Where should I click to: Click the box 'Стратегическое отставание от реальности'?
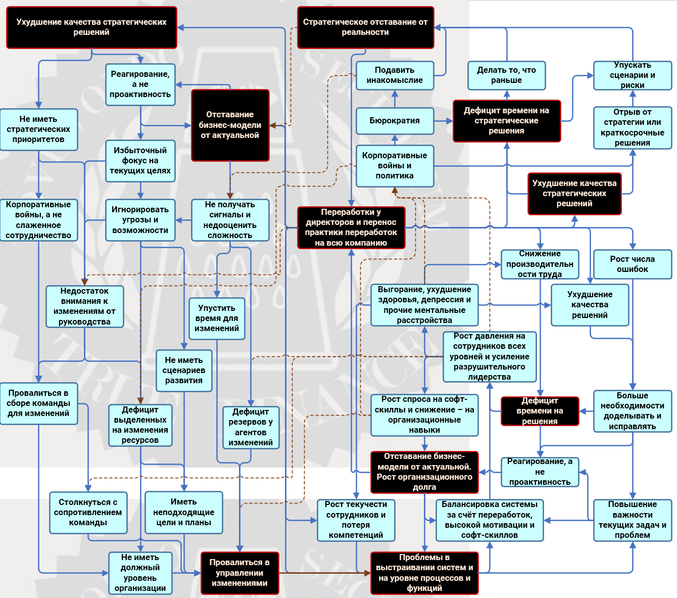tap(365, 27)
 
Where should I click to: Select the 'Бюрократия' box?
tap(395, 121)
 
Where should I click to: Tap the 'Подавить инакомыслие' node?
tap(395, 75)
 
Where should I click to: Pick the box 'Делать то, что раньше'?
tap(506, 75)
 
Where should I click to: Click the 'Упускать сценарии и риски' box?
tap(632, 75)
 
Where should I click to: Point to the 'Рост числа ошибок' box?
tap(632, 264)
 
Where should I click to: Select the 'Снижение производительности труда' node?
tap(540, 264)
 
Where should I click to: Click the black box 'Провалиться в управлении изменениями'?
tap(239, 573)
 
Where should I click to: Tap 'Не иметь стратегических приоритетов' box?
tap(38, 129)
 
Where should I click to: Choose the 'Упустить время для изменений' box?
tap(217, 318)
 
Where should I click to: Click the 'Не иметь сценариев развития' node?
tap(184, 370)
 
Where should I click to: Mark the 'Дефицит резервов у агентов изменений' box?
tap(251, 427)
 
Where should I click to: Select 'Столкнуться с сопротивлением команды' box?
tap(88, 512)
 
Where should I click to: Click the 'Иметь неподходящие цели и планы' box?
tap(184, 512)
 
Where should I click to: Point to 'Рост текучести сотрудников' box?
tap(356, 520)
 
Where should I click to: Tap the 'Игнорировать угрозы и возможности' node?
tap(140, 220)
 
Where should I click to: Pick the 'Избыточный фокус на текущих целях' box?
tap(140, 161)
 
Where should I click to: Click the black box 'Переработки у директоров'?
tap(351, 227)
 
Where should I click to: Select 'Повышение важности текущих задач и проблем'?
tap(632, 520)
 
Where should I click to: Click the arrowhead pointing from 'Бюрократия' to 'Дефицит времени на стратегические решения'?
tap(450, 121)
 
